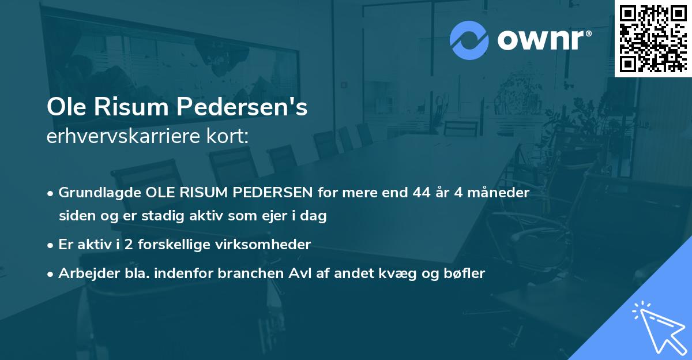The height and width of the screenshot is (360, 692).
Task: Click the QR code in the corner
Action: pyautogui.click(x=653, y=39)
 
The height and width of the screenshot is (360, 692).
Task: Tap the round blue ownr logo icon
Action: pyautogui.click(x=469, y=40)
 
